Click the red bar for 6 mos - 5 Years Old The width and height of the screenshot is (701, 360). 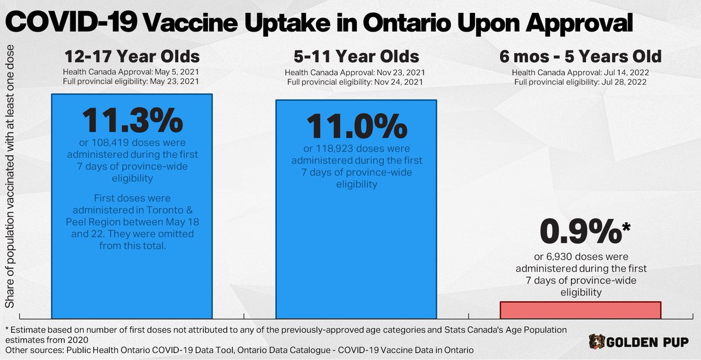coord(580,310)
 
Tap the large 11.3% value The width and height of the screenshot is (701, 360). coord(131,121)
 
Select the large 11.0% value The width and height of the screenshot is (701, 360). coord(356,125)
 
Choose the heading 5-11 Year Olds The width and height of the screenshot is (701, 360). coord(356,57)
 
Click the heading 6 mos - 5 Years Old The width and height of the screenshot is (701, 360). coord(580,57)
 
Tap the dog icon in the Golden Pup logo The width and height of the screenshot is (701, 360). coord(596,341)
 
